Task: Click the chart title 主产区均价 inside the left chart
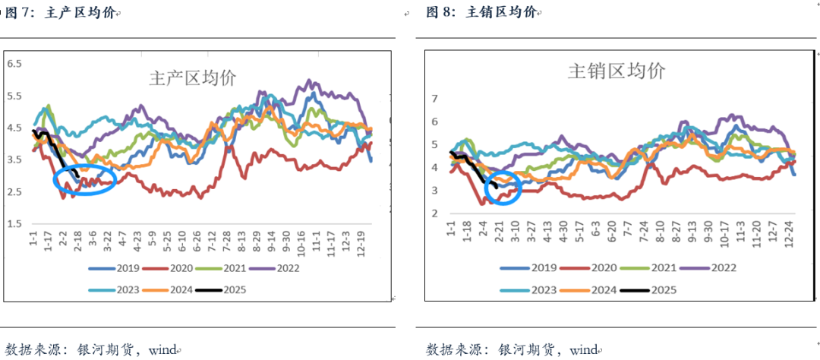pos(193,77)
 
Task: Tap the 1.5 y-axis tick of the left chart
pos(15,223)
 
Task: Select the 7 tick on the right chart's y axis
pos(434,99)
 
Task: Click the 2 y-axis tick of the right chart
pos(434,213)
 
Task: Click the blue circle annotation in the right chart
pos(503,188)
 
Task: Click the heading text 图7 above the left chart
pos(20,12)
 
